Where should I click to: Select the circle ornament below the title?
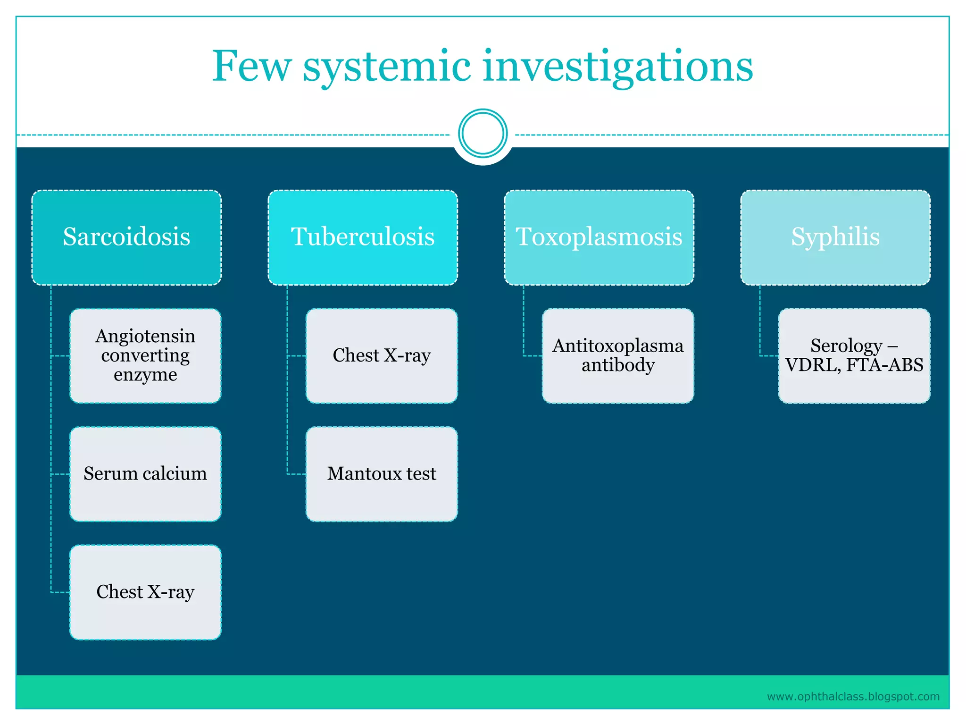(x=483, y=134)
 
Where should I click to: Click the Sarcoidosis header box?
(x=126, y=237)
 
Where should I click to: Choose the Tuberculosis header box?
(x=363, y=237)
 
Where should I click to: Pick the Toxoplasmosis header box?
(x=599, y=237)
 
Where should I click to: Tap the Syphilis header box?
(x=835, y=237)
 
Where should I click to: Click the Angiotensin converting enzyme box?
(x=145, y=355)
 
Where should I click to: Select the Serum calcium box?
(x=145, y=474)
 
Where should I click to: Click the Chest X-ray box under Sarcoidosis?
(x=145, y=592)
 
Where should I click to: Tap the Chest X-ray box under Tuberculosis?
(x=382, y=355)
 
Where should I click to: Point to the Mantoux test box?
(x=382, y=474)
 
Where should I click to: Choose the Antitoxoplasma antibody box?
(x=618, y=355)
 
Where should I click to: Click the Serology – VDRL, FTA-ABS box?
(x=854, y=355)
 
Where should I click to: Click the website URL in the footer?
(x=853, y=697)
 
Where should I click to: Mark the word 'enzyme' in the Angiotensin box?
(x=145, y=375)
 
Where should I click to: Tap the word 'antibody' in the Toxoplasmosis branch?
(x=618, y=365)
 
